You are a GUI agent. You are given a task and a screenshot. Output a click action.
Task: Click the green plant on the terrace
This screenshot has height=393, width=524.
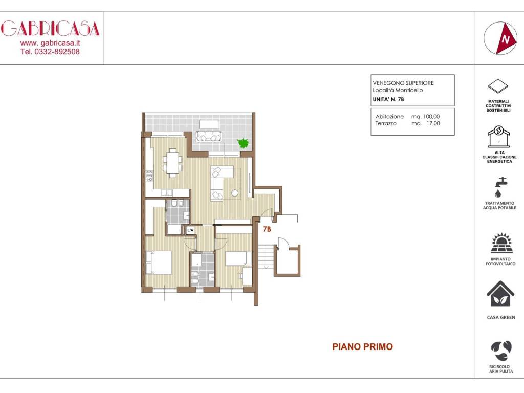pos(243,143)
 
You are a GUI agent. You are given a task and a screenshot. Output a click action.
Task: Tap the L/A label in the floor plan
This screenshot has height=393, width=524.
pos(190,230)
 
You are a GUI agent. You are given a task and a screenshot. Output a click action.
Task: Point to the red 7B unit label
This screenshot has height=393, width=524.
pos(267,229)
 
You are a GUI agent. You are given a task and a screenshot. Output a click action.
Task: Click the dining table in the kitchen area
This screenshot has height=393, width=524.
pos(172,163)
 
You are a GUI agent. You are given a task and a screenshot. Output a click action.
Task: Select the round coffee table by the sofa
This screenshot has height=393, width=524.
pos(235,193)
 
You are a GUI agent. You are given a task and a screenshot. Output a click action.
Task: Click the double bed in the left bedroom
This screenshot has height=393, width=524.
pos(159,263)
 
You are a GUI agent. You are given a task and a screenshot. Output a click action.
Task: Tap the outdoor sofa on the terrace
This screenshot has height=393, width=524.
pos(209,136)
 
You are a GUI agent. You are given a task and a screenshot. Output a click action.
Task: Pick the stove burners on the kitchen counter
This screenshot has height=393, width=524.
pos(149,176)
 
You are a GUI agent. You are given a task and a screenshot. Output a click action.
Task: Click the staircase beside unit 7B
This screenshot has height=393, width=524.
pos(266,256)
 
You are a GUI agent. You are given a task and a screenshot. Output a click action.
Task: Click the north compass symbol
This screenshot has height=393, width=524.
pos(500,38)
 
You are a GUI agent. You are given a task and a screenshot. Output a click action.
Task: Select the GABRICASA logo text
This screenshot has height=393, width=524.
pos(50,29)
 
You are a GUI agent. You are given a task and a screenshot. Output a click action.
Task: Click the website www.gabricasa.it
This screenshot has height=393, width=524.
pos(50,43)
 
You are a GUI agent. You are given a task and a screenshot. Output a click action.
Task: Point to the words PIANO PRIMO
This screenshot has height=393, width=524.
pos(363,346)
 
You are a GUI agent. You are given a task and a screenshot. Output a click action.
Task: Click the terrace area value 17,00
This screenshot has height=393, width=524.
pos(433,123)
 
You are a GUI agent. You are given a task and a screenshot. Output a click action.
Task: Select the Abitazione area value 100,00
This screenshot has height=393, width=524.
pos(431,116)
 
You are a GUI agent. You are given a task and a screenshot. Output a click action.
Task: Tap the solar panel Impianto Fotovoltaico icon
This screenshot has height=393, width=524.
pos(501,243)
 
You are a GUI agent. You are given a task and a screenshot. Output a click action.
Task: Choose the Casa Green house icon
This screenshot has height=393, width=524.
pos(500,294)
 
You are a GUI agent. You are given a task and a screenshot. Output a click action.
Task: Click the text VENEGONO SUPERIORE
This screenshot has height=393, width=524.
pos(403,83)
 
